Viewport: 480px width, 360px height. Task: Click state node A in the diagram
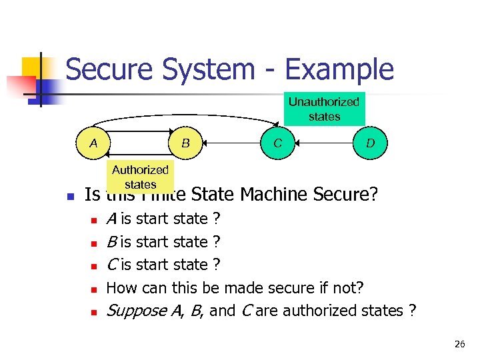click(93, 143)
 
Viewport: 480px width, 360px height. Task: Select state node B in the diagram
click(186, 143)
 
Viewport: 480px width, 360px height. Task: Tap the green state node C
click(277, 143)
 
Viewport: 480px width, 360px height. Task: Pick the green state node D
click(369, 143)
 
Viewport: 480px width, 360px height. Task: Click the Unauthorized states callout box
click(324, 109)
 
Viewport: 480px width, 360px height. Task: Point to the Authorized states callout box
click(140, 177)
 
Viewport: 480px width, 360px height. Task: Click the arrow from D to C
click(323, 143)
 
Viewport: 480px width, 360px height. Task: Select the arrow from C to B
click(231, 143)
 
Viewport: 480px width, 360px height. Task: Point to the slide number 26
click(459, 344)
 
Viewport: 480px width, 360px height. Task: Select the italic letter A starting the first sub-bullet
click(112, 219)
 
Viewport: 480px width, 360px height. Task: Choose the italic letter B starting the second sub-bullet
click(112, 241)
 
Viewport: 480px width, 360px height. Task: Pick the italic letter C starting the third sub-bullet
click(112, 265)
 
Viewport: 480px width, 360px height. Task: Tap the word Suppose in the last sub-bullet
click(137, 311)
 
